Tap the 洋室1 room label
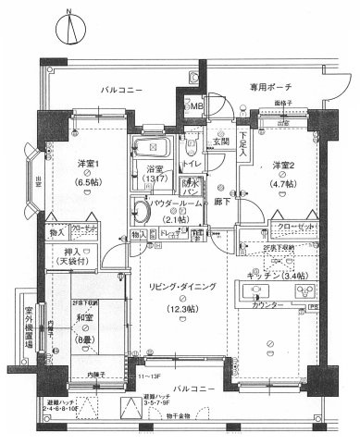click(x=91, y=164)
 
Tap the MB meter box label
click(x=196, y=107)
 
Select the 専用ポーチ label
click(x=268, y=89)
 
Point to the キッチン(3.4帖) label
click(x=278, y=274)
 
